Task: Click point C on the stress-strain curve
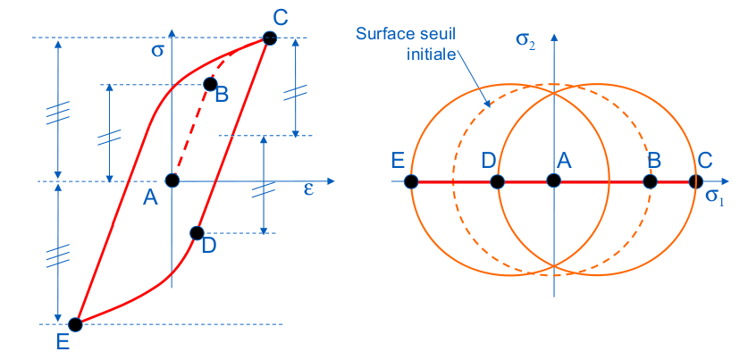[269, 38]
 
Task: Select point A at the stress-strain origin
[172, 180]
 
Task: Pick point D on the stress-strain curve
[197, 233]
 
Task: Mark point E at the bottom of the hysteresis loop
[76, 324]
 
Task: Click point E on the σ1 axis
[410, 181]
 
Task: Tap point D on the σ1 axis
[498, 181]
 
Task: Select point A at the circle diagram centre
[554, 181]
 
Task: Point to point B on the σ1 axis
[651, 181]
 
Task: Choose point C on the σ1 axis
[696, 181]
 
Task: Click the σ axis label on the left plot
[157, 51]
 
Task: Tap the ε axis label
[308, 190]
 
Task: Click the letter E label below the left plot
[63, 342]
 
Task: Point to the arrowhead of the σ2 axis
[554, 37]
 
